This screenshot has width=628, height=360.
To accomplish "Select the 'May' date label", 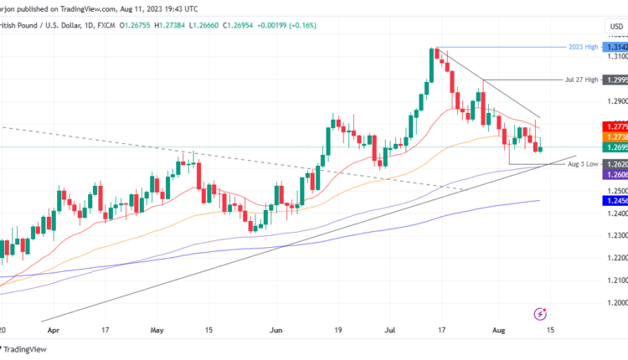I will (156, 331).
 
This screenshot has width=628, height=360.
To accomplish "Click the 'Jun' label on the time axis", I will (276, 331).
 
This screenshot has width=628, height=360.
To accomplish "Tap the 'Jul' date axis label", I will (388, 331).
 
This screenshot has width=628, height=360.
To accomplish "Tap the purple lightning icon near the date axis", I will (540, 315).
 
